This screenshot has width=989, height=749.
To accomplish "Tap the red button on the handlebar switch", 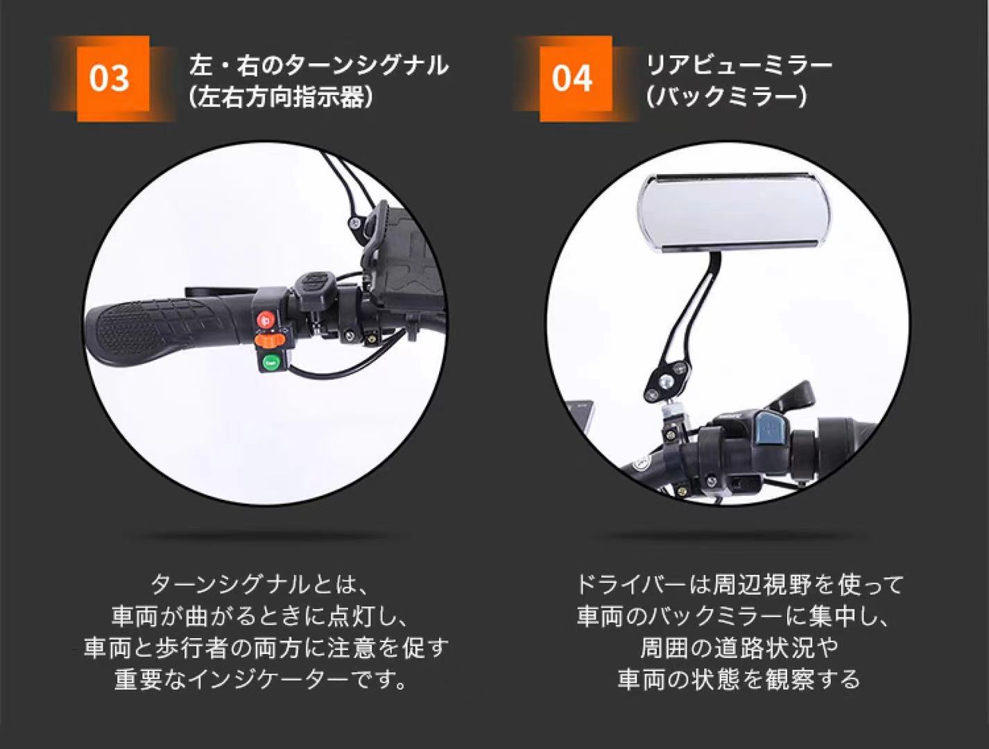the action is [266, 320].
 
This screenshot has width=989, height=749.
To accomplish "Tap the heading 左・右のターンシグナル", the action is [319, 66].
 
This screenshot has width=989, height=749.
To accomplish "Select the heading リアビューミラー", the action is [739, 66].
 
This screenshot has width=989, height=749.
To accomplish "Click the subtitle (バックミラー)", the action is [726, 97].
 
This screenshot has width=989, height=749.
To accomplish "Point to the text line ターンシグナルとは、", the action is [261, 585].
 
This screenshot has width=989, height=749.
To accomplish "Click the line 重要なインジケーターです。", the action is [261, 680].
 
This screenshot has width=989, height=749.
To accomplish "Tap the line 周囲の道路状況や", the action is [739, 648].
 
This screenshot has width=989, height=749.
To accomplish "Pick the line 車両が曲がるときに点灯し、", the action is [261, 616].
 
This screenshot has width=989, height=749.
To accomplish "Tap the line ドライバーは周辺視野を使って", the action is [739, 585].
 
